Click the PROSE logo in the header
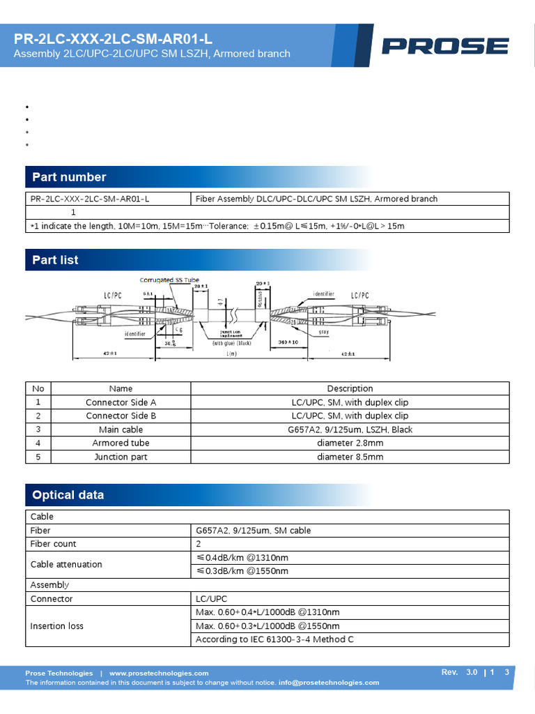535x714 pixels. click(x=445, y=46)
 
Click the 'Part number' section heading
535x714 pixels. click(x=69, y=177)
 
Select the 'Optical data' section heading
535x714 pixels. click(x=68, y=495)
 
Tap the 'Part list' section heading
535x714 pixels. click(x=55, y=260)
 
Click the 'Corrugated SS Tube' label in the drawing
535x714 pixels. click(x=169, y=280)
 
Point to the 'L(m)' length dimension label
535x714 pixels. click(x=231, y=354)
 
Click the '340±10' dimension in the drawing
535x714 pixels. click(x=288, y=342)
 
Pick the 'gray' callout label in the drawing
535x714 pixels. click(x=324, y=333)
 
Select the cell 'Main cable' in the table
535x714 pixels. click(x=121, y=430)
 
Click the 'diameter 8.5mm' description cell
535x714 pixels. click(x=350, y=457)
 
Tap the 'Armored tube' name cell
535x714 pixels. click(x=121, y=443)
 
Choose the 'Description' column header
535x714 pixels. click(x=350, y=388)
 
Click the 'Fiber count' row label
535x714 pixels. click(x=54, y=544)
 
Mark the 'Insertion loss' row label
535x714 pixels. click(x=57, y=625)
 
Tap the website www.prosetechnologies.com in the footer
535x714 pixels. click(x=159, y=673)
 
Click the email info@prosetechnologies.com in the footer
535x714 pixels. click(x=329, y=683)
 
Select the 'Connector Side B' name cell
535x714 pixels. click(x=121, y=416)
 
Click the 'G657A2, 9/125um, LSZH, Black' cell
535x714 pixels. click(x=350, y=430)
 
